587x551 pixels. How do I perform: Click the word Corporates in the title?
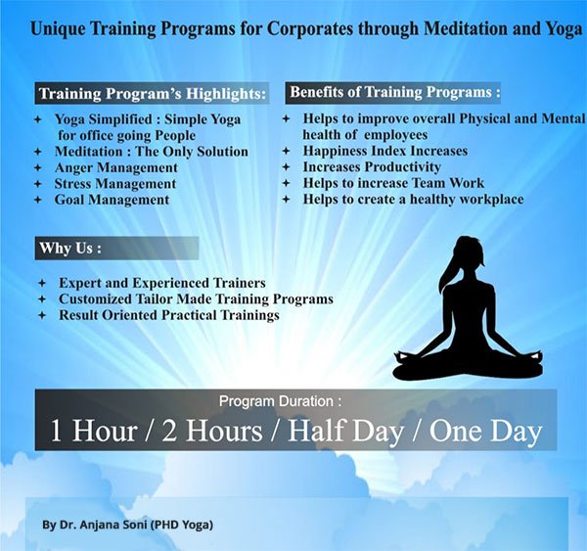coord(309,29)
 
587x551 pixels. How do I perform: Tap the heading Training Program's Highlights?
coord(153,94)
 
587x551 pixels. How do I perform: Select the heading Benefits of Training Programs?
coord(395,92)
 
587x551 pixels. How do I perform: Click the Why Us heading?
coord(70,248)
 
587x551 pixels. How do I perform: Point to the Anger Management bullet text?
coord(116,167)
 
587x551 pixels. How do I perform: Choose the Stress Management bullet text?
coord(115,184)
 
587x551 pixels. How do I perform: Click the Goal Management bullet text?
coord(112,200)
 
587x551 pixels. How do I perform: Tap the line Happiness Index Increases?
coord(385,151)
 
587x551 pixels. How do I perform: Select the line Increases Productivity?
coord(372,167)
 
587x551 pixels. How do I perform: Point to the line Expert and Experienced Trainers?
coord(162,283)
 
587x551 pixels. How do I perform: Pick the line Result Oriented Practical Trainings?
coord(169,315)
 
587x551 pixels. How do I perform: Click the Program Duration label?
coord(280,401)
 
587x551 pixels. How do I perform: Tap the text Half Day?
coord(345,431)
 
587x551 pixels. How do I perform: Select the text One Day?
coord(485,431)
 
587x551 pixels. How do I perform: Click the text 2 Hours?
coord(212,431)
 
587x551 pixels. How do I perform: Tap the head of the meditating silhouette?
coord(466,253)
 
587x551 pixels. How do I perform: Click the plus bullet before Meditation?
coord(37,152)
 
